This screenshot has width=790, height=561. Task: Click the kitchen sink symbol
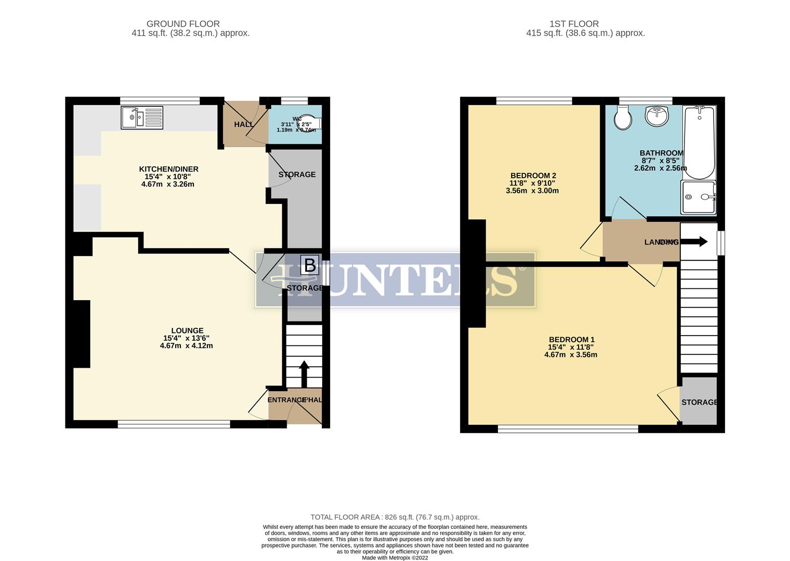click(x=142, y=118)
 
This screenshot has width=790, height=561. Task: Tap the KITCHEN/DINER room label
click(x=168, y=169)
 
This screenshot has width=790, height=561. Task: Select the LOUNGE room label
click(x=187, y=331)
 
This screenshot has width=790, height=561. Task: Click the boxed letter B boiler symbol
click(x=310, y=265)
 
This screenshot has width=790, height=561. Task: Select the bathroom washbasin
click(x=657, y=116)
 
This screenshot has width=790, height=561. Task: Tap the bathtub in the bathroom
click(x=699, y=142)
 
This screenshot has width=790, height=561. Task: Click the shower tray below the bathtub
click(x=699, y=197)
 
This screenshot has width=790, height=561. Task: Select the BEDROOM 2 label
click(x=533, y=176)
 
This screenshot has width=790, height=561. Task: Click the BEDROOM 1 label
click(x=571, y=340)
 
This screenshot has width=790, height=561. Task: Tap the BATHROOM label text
click(x=661, y=153)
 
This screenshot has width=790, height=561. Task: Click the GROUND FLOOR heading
click(x=183, y=24)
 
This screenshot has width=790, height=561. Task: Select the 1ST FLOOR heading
click(x=574, y=24)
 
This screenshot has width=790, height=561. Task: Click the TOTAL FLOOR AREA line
click(x=394, y=517)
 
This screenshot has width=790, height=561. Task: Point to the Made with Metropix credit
click(x=394, y=558)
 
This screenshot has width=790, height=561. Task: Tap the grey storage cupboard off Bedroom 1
click(x=699, y=401)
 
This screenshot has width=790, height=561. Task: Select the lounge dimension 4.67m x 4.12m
click(x=186, y=346)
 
